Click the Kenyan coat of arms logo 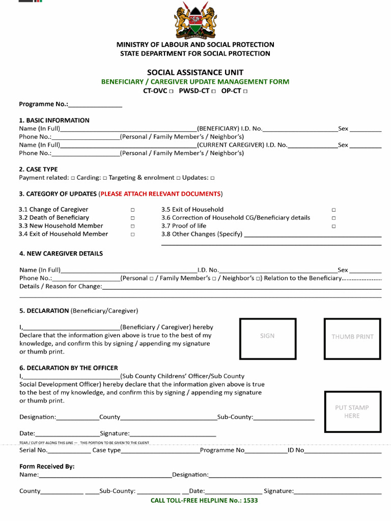(195, 20)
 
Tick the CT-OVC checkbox (171, 92)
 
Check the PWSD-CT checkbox (213, 92)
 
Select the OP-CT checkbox (245, 92)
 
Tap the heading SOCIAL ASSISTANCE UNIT (195, 72)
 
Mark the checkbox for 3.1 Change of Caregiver (132, 210)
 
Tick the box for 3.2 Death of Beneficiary (132, 218)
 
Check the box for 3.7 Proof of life (334, 226)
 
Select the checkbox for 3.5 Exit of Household (334, 210)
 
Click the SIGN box (268, 336)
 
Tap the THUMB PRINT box (352, 336)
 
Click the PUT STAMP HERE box (352, 412)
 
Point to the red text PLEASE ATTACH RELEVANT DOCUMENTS (160, 194)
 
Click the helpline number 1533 (250, 501)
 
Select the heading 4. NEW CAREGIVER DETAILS (61, 253)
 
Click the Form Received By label (47, 467)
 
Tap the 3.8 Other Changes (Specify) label (202, 234)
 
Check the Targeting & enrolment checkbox (179, 178)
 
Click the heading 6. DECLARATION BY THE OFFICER (68, 368)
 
